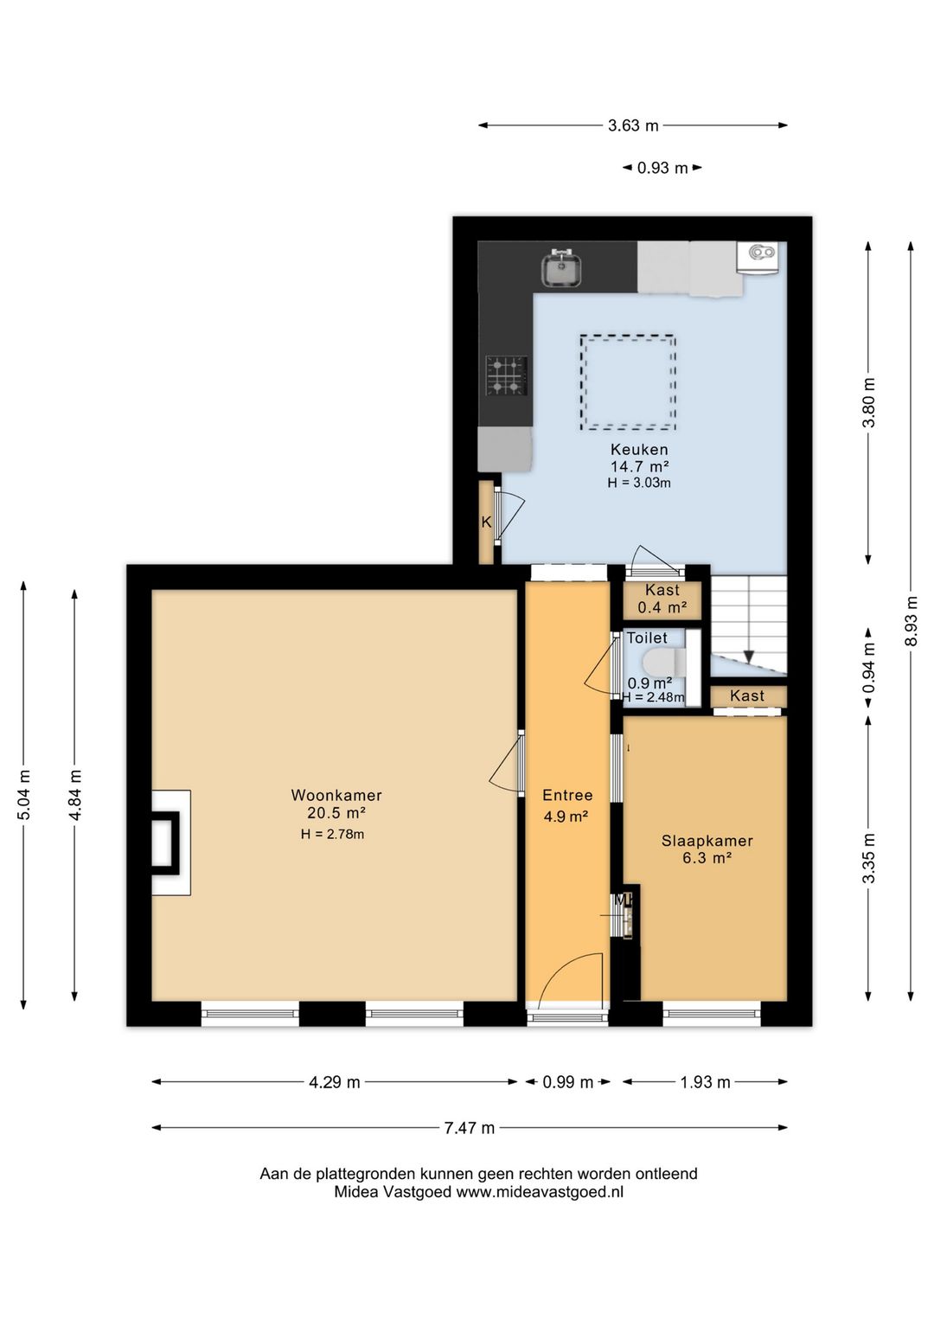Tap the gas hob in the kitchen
507,375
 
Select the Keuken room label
639,449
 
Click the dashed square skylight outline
628,382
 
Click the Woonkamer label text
336,795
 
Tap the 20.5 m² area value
336,813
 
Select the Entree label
567,795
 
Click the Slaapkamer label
707,841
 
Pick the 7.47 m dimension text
469,1128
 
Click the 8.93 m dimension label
912,621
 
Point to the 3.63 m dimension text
633,125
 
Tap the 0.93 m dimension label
662,168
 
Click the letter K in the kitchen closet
486,522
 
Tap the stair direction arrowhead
748,657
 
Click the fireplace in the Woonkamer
171,843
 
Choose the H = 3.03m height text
639,483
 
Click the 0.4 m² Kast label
662,607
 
